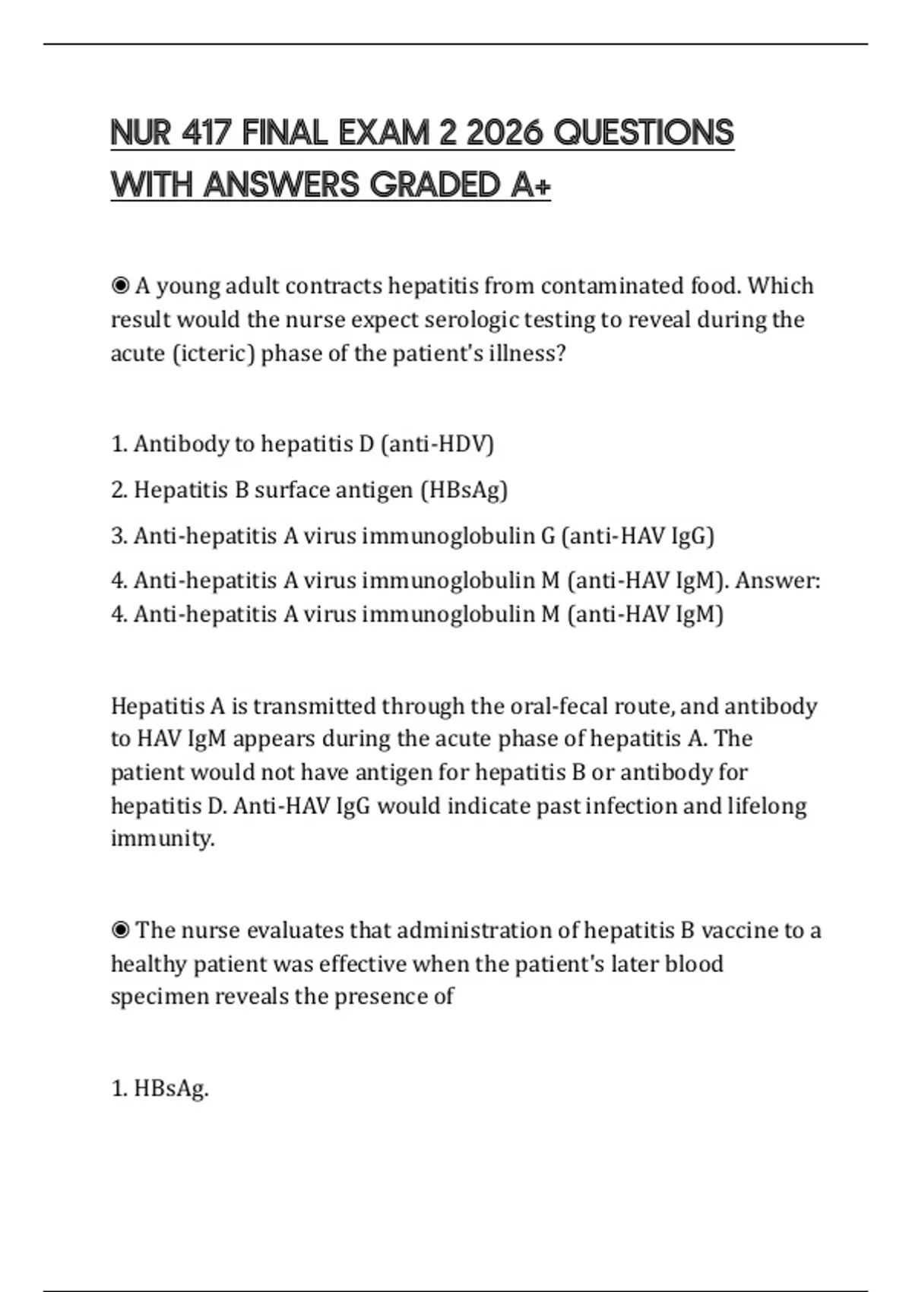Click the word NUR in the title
[140, 133]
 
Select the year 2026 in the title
[504, 133]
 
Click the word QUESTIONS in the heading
[644, 133]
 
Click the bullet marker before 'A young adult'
[120, 287]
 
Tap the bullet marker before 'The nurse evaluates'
[120, 931]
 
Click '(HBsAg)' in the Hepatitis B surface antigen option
[464, 490]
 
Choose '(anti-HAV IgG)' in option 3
[638, 537]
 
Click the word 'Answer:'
[777, 581]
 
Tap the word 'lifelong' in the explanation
[767, 806]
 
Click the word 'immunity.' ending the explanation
[163, 839]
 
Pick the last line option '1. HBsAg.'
[160, 1089]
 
